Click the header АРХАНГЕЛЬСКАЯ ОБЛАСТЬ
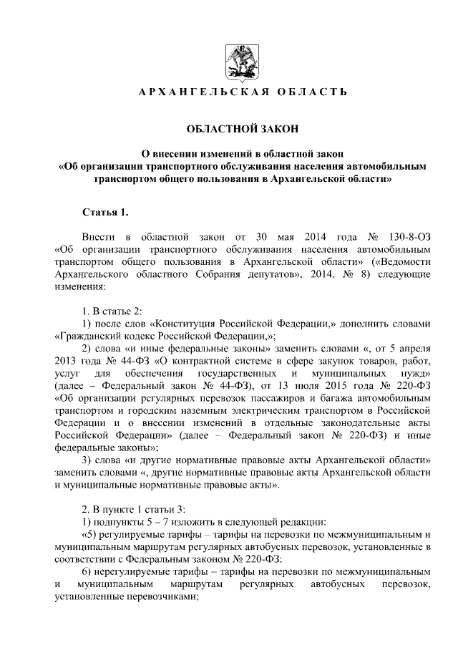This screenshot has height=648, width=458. (242, 92)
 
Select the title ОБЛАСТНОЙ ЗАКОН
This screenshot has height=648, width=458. (241, 129)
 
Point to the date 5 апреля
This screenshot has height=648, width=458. (411, 349)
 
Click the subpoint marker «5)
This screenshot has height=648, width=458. (92, 535)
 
